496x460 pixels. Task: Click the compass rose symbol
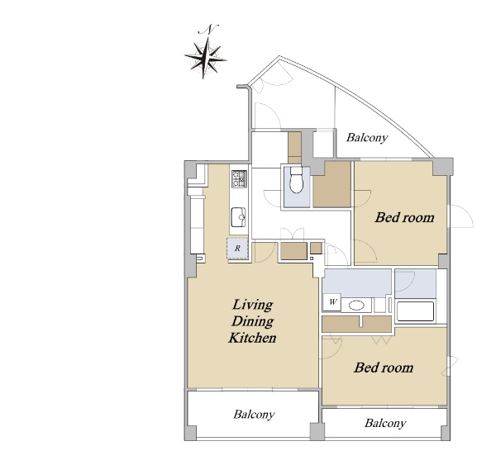click(206, 58)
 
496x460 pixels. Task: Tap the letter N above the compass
click(208, 30)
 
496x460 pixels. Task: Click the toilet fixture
click(297, 180)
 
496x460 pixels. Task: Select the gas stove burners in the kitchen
click(239, 179)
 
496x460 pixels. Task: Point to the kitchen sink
click(238, 217)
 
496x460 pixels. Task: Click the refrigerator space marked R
click(237, 249)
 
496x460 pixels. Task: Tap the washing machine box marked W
click(332, 302)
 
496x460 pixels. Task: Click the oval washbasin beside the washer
click(356, 306)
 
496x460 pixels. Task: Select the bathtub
click(415, 311)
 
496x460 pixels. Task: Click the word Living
click(252, 305)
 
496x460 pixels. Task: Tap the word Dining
click(252, 321)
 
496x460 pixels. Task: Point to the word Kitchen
click(252, 338)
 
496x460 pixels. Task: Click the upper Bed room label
click(404, 218)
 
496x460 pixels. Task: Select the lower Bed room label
click(384, 368)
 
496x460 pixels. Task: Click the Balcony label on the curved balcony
click(367, 137)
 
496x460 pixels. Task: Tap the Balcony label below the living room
click(254, 415)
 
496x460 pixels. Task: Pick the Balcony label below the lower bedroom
click(385, 423)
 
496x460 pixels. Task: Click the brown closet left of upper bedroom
click(332, 184)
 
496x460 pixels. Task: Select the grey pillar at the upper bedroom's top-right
click(442, 167)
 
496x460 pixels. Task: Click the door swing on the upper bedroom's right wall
click(461, 216)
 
